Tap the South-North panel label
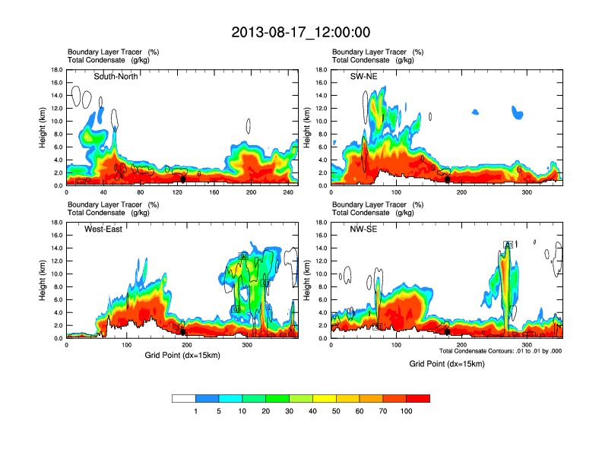(x=116, y=76)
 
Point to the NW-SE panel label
(x=365, y=229)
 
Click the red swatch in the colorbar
(x=418, y=397)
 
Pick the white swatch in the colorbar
(x=184, y=397)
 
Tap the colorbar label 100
(x=407, y=411)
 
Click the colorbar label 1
(x=196, y=411)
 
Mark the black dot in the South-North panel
(x=182, y=179)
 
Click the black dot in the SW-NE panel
(x=448, y=179)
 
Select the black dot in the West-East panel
(x=182, y=331)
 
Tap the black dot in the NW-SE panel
(x=448, y=331)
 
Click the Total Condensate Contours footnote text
(x=501, y=350)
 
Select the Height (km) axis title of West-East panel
(x=43, y=280)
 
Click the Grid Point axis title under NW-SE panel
(x=446, y=364)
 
